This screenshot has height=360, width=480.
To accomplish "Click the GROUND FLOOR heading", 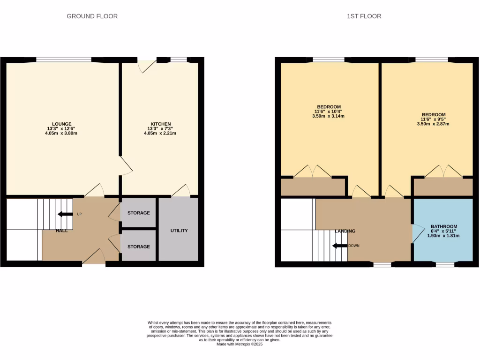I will click(x=92, y=16).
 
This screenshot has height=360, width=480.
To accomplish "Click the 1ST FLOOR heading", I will click(x=364, y=16).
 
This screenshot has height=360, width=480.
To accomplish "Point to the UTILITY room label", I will click(x=179, y=231).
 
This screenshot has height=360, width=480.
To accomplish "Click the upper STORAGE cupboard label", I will click(x=138, y=213).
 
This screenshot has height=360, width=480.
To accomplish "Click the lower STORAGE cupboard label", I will click(x=138, y=247).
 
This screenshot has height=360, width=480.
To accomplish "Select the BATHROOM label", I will click(x=443, y=226).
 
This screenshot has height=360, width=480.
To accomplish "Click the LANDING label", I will click(x=345, y=231).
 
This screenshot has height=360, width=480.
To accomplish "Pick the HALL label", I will click(x=61, y=231).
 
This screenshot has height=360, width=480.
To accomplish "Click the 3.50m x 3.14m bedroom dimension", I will click(x=328, y=116).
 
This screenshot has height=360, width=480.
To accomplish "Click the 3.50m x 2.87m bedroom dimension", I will click(x=433, y=124).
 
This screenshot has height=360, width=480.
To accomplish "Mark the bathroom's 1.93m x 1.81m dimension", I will click(x=443, y=236).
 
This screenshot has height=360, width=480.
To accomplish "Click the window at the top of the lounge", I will click(x=64, y=60).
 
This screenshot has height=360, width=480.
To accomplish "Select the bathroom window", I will click(x=445, y=265).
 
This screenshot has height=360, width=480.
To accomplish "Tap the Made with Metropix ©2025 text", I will click(x=239, y=344).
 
